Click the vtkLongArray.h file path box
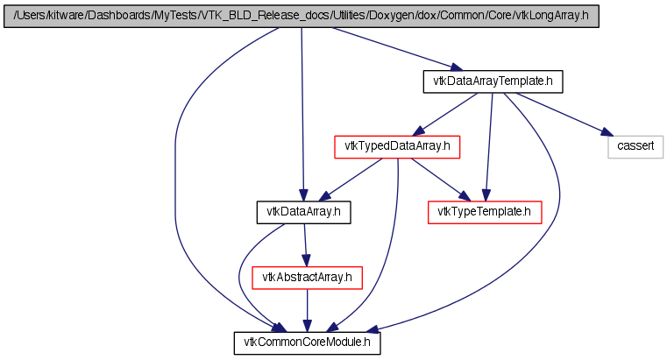click(x=302, y=17)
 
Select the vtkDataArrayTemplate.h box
click(x=493, y=81)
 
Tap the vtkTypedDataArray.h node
click(x=397, y=147)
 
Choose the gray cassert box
click(x=635, y=147)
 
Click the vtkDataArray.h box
click(x=303, y=212)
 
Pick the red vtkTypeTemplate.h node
click(x=485, y=212)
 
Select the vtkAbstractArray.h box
click(x=307, y=278)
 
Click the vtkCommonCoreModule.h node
click(x=307, y=343)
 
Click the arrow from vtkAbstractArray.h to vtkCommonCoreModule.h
click(x=307, y=311)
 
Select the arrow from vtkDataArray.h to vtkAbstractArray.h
click(x=305, y=244)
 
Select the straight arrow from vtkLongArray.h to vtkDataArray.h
click(x=302, y=115)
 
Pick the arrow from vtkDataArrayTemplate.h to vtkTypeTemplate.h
click(x=489, y=147)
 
